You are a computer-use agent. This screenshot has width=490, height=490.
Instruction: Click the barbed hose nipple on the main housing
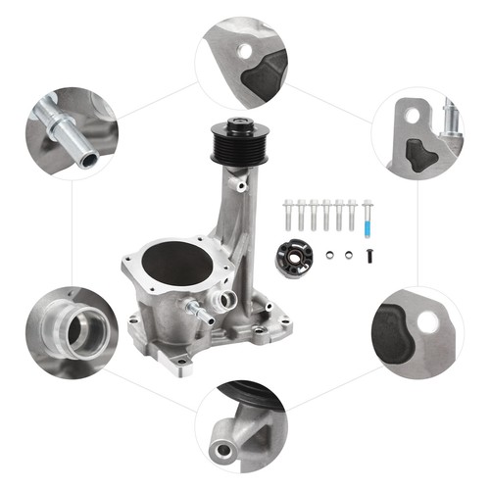tap(202, 312)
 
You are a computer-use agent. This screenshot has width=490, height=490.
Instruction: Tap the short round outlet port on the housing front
tap(226, 299)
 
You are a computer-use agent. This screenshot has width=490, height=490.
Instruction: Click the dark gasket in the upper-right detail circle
tap(418, 152)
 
